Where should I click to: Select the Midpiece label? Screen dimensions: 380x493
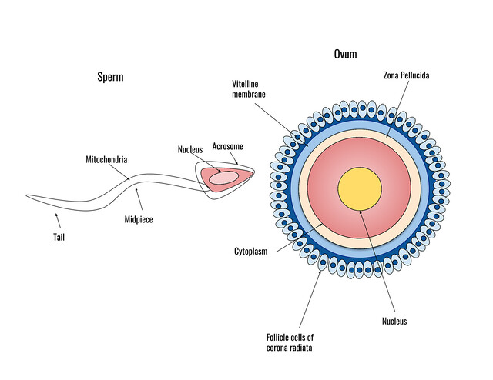pyautogui.click(x=139, y=220)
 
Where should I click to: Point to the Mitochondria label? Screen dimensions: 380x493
pyautogui.click(x=106, y=159)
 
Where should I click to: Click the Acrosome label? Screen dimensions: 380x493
pyautogui.click(x=228, y=146)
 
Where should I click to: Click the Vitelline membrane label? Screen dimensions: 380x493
pyautogui.click(x=250, y=88)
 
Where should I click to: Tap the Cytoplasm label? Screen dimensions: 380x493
pyautogui.click(x=250, y=251)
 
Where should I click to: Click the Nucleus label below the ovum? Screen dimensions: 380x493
pyautogui.click(x=394, y=321)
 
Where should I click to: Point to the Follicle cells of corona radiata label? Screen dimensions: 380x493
pyautogui.click(x=291, y=342)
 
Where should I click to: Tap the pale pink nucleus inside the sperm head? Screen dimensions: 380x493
pyautogui.click(x=224, y=178)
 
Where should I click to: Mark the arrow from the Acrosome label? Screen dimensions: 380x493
pyautogui.click(x=235, y=158)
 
